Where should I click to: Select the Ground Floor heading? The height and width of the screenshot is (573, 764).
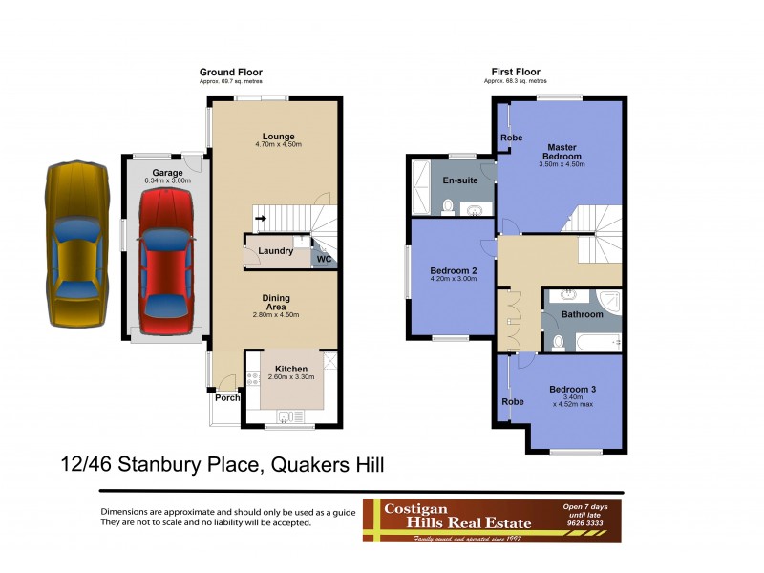[x=230, y=73]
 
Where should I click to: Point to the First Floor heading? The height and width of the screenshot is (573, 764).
[x=515, y=73]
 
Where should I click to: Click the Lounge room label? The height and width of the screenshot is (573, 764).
[x=278, y=136]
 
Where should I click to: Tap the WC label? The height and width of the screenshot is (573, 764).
[x=324, y=258]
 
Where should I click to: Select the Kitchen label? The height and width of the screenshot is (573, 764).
[x=291, y=369]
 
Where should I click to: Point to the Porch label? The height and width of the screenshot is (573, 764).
[x=227, y=398]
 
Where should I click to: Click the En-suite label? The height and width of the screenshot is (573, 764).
[x=459, y=180]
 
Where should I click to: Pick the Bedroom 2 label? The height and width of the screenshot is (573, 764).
[x=453, y=270]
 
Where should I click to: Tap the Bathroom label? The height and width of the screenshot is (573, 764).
[x=582, y=314]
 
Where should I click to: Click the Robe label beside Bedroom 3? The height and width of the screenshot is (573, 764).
[x=512, y=401]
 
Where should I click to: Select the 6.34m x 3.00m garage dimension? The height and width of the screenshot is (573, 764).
[x=167, y=180]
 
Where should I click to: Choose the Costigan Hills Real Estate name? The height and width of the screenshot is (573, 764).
[x=447, y=516]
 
